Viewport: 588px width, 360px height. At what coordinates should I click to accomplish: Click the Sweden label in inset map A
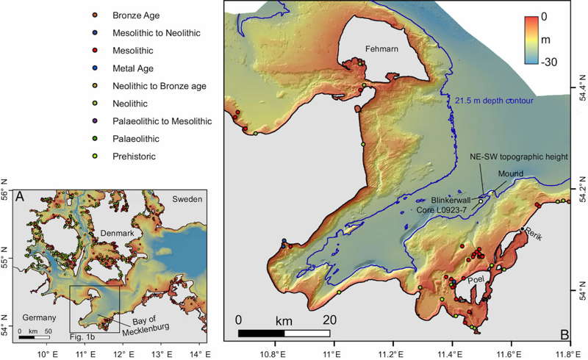point(189,200)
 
